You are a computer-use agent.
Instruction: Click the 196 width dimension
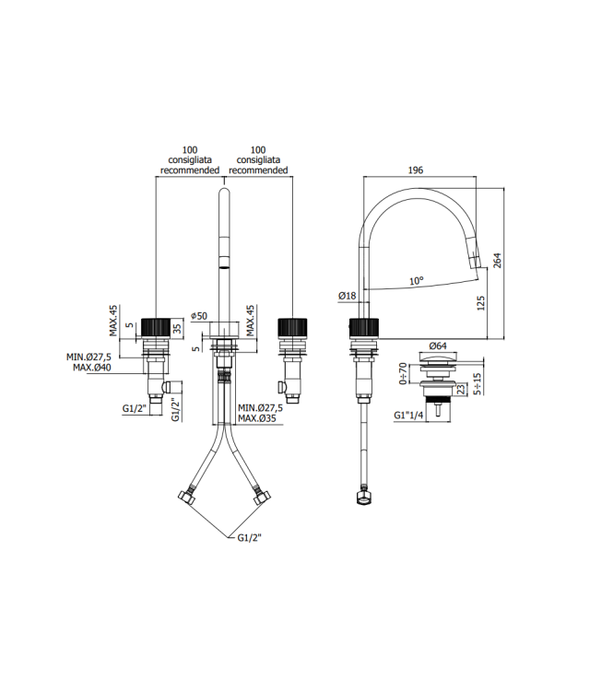tap(416, 170)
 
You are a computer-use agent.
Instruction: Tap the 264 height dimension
tap(497, 261)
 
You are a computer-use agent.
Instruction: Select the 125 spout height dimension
tap(480, 303)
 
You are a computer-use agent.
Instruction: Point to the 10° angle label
tap(417, 281)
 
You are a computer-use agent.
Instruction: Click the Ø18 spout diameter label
tap(348, 296)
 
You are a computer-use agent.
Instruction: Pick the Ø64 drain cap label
tap(438, 346)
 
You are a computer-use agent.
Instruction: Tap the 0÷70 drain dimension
tap(402, 374)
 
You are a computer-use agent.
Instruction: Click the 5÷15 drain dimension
tap(477, 383)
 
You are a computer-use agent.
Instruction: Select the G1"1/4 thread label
tap(408, 416)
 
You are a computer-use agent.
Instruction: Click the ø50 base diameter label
tap(199, 316)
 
